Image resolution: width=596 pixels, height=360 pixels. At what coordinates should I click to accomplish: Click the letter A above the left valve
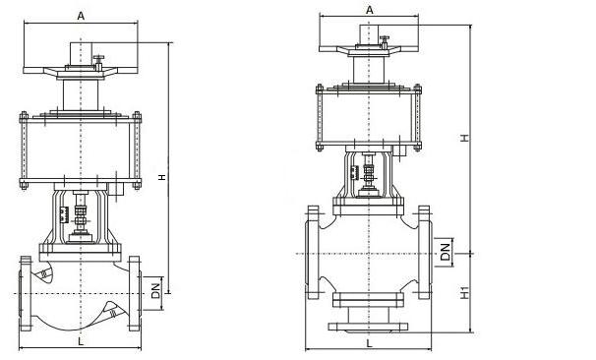click(x=81, y=16)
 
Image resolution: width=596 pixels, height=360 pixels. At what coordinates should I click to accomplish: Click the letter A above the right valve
click(x=370, y=10)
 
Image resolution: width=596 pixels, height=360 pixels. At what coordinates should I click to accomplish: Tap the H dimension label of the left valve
click(x=162, y=177)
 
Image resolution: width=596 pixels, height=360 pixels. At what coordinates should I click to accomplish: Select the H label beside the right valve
click(x=464, y=138)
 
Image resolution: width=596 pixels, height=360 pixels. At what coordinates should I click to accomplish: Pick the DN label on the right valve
click(x=445, y=252)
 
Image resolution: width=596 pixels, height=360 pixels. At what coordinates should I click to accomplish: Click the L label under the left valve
click(x=81, y=341)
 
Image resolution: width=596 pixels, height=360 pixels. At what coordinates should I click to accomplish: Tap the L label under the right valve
click(x=370, y=343)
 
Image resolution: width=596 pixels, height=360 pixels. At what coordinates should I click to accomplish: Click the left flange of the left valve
click(x=26, y=293)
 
